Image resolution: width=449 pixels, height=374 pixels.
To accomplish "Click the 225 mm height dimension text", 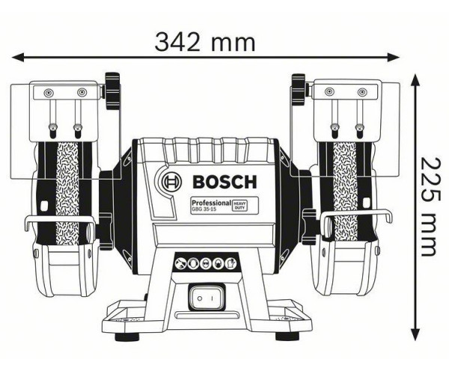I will pos(429,206).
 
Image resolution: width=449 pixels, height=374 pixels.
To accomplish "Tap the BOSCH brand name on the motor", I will pos(223,181).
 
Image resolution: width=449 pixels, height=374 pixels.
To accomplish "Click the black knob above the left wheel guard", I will pos(113,90).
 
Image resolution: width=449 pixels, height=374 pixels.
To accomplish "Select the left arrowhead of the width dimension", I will pos(16,56).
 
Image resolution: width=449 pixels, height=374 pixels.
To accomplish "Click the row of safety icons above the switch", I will pos(204,263).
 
